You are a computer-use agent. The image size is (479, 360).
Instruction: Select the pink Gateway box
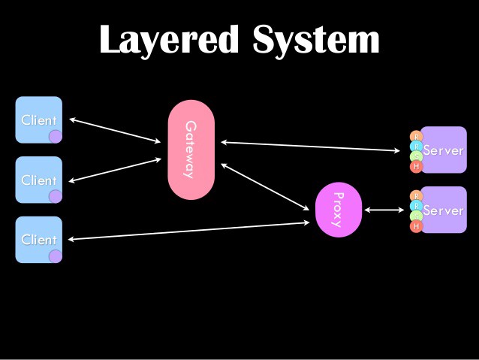(191, 150)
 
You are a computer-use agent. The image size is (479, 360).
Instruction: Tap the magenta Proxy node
(339, 209)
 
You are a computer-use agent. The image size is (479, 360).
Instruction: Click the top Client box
(38, 119)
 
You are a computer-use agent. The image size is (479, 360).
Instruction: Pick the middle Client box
(38, 180)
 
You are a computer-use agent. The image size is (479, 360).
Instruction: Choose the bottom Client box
(38, 240)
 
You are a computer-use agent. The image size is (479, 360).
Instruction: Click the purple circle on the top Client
(55, 136)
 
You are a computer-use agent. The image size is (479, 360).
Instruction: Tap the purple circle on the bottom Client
(55, 256)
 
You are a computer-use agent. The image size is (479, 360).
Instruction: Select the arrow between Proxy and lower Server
(384, 210)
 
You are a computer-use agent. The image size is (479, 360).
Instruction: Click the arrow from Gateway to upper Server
(310, 146)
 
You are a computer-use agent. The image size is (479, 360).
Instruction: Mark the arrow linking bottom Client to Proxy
(188, 231)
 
